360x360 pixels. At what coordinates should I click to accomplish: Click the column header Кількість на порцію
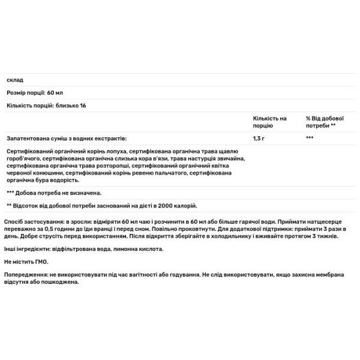click(x=270, y=122)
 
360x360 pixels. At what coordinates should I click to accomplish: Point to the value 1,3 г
click(x=259, y=138)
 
